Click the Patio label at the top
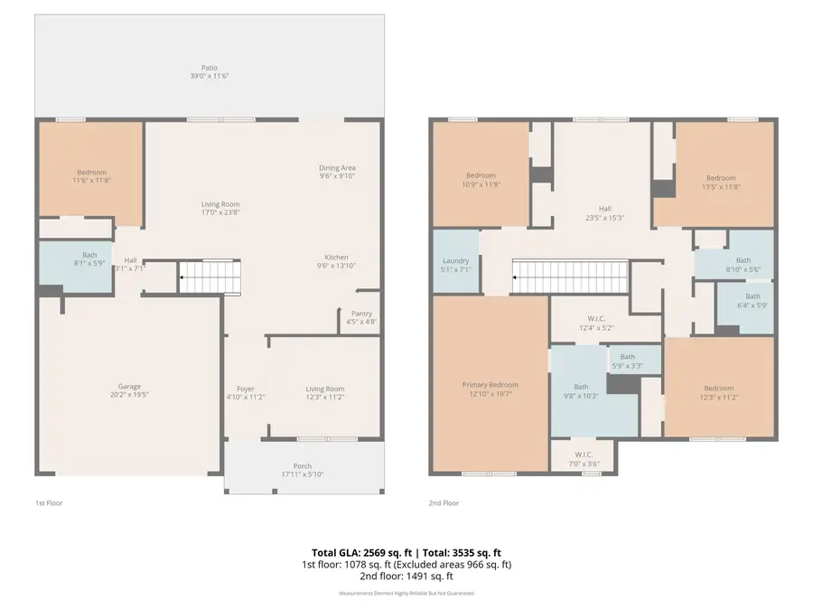[209, 68]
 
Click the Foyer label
[245, 389]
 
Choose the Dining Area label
[337, 167]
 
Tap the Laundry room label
[455, 260]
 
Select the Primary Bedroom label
[491, 384]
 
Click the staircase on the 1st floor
[210, 277]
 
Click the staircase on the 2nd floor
[569, 276]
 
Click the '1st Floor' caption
[48, 502]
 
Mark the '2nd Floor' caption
[444, 502]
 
